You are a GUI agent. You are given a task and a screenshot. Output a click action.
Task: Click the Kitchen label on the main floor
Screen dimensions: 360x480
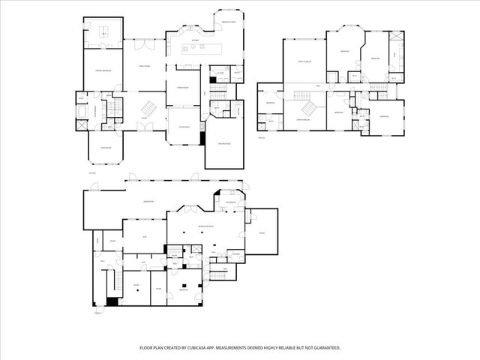pyautogui.click(x=195, y=40)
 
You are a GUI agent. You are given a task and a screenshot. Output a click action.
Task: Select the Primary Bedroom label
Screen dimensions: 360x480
pyautogui.click(x=103, y=70)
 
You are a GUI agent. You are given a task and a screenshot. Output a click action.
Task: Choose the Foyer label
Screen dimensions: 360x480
pyautogui.click(x=144, y=118)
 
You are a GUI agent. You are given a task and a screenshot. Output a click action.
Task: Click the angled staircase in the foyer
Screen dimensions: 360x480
pyautogui.click(x=151, y=108)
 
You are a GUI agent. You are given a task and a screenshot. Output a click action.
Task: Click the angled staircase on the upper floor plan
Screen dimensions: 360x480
pyautogui.click(x=304, y=97)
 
